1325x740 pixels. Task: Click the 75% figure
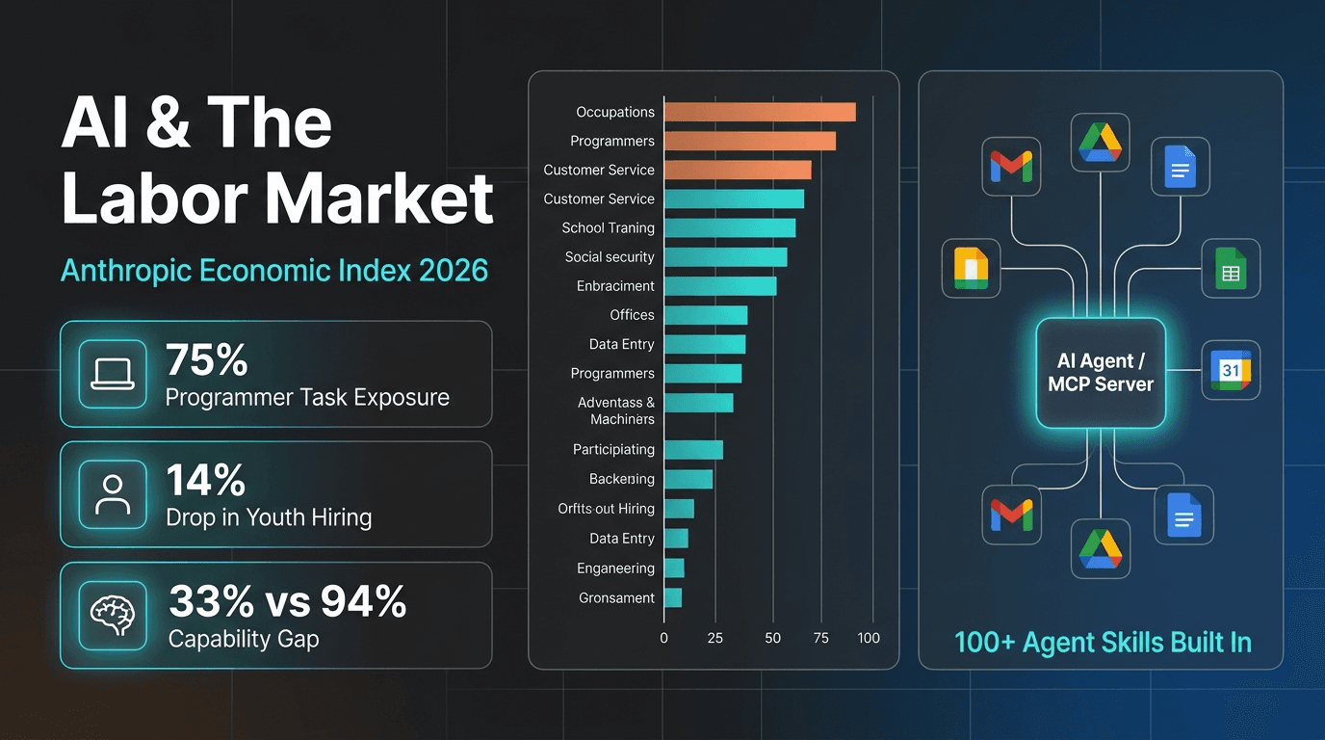click(207, 359)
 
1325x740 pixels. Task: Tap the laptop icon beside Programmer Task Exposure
click(113, 374)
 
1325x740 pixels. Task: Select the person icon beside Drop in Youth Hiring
click(113, 494)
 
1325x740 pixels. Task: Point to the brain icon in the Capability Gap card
click(113, 615)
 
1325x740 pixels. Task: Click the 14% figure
click(205, 480)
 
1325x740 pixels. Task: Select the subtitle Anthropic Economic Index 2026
click(274, 270)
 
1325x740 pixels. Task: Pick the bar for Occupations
click(759, 112)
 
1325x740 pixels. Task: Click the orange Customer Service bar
click(737, 170)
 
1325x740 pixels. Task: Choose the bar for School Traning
click(729, 228)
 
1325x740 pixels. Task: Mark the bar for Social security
click(725, 257)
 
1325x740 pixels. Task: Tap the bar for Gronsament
click(672, 597)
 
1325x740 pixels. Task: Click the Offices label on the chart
click(632, 315)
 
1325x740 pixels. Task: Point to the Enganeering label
click(615, 568)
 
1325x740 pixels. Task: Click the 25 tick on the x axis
click(715, 638)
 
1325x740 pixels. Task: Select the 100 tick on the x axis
click(869, 638)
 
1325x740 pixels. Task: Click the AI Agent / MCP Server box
click(1101, 373)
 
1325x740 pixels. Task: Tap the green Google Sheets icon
click(1230, 269)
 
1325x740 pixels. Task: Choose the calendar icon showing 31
click(1230, 370)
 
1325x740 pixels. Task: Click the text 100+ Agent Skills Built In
click(1103, 643)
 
